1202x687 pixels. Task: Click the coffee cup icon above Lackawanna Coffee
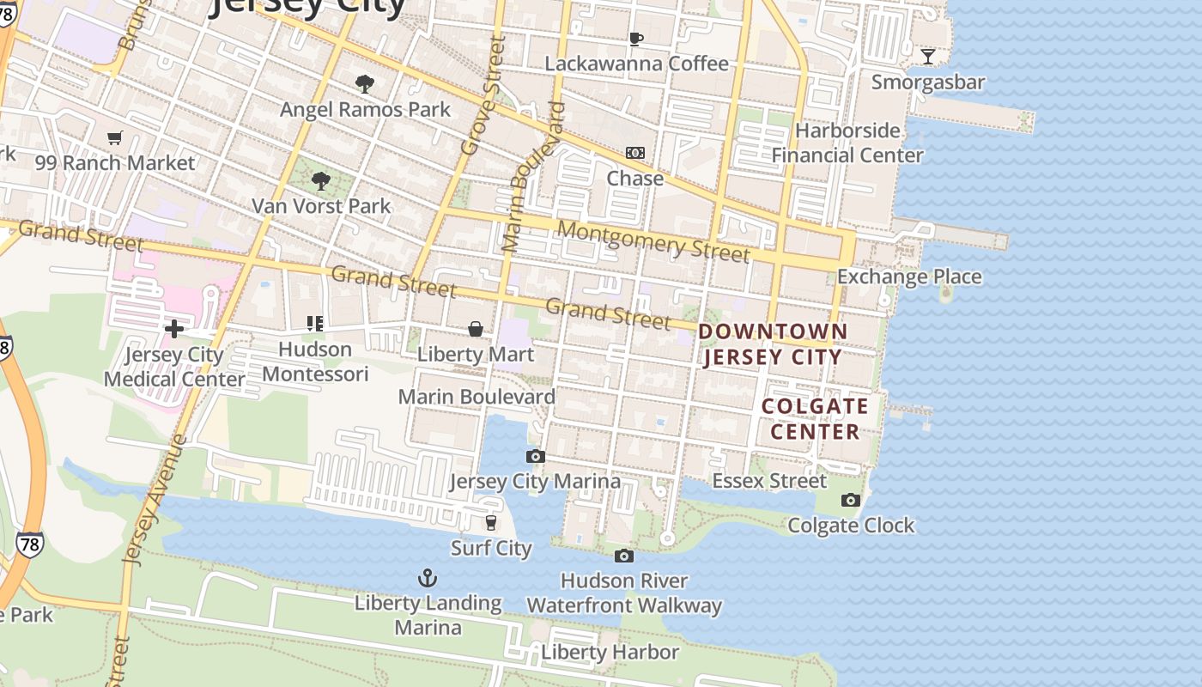pyautogui.click(x=635, y=39)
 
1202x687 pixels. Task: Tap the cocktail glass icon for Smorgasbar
pyautogui.click(x=927, y=57)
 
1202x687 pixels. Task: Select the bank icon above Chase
pyautogui.click(x=634, y=153)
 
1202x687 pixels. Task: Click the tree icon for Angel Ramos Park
pyautogui.click(x=365, y=83)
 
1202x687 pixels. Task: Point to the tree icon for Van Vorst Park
pyautogui.click(x=321, y=180)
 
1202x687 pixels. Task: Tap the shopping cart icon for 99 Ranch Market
pyautogui.click(x=115, y=137)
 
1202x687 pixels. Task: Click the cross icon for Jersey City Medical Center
pyautogui.click(x=174, y=329)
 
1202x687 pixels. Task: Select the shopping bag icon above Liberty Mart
pyautogui.click(x=475, y=329)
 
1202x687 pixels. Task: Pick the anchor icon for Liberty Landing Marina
pyautogui.click(x=428, y=578)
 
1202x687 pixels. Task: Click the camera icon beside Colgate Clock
pyautogui.click(x=850, y=500)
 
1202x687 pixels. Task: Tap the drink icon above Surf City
pyautogui.click(x=491, y=522)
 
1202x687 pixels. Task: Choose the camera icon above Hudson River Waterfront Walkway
pyautogui.click(x=624, y=556)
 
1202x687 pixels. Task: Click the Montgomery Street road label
pyautogui.click(x=653, y=241)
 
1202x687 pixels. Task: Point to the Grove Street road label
pyautogui.click(x=483, y=95)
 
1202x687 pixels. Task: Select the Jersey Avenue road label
pyautogui.click(x=155, y=500)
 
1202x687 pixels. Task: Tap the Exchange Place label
pyautogui.click(x=909, y=277)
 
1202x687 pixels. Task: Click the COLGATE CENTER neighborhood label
pyautogui.click(x=815, y=418)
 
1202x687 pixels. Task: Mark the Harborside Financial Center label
pyautogui.click(x=847, y=143)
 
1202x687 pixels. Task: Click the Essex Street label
pyautogui.click(x=769, y=481)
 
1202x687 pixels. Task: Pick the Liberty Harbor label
pyautogui.click(x=610, y=653)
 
